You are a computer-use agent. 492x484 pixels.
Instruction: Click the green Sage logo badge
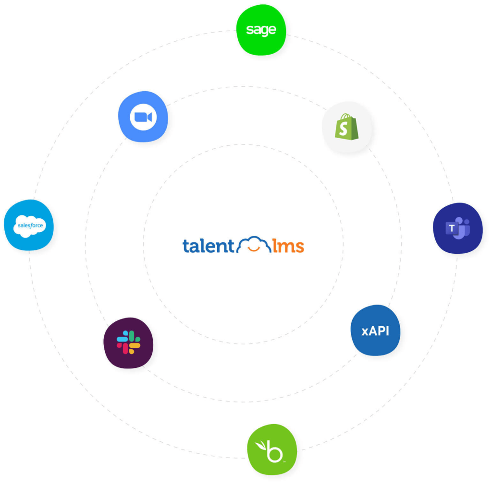(261, 30)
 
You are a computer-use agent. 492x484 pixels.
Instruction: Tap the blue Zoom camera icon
(143, 117)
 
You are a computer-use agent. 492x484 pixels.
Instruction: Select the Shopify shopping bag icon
(347, 127)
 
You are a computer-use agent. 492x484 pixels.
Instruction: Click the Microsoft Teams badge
(457, 228)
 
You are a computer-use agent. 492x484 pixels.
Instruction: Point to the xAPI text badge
(375, 331)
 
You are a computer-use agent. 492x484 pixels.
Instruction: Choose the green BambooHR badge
(272, 449)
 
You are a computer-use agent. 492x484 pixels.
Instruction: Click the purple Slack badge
(128, 342)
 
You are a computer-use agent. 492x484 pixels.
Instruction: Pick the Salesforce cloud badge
(29, 225)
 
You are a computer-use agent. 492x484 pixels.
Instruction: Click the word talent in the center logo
(208, 246)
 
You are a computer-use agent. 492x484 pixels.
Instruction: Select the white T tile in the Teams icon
(452, 228)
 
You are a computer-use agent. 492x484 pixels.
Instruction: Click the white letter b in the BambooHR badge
(275, 452)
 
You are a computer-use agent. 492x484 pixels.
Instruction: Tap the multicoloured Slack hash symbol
(128, 342)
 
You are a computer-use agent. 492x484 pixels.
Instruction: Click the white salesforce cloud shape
(30, 226)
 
